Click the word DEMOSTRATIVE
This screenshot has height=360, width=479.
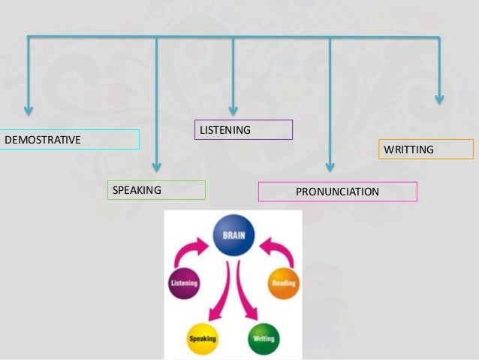click(x=43, y=140)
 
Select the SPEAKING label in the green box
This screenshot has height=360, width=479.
click(x=137, y=190)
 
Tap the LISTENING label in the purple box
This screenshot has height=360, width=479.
click(x=225, y=131)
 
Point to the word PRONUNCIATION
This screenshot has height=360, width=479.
click(x=337, y=192)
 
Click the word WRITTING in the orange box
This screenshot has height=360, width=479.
click(x=408, y=150)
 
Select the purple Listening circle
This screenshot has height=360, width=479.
click(x=183, y=284)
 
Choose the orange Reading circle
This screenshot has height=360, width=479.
click(x=284, y=284)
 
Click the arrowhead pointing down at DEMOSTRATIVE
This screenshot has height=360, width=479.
click(x=29, y=110)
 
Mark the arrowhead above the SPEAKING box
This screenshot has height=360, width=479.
click(x=156, y=166)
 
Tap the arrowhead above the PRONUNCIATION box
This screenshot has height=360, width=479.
click(x=330, y=167)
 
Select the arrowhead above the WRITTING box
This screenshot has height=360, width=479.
click(x=439, y=98)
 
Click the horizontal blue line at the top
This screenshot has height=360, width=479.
click(x=233, y=36)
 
